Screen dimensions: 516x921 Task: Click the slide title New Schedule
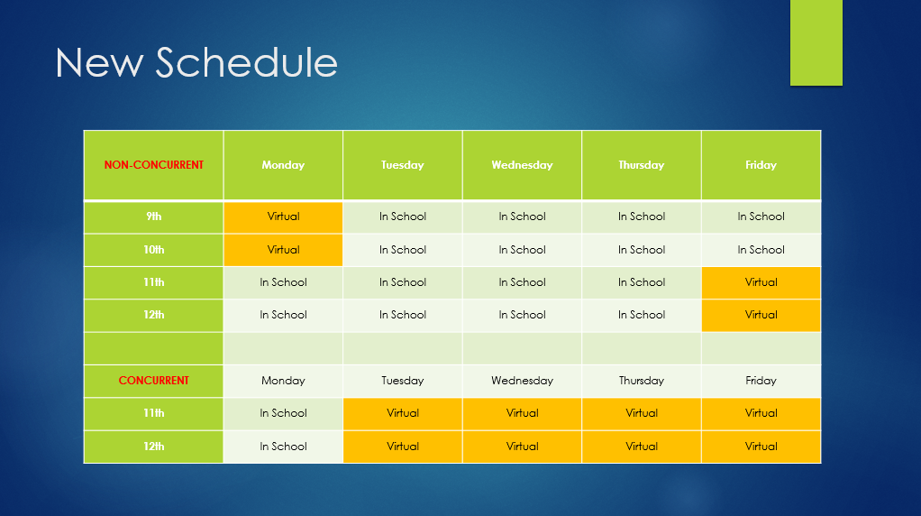pyautogui.click(x=196, y=63)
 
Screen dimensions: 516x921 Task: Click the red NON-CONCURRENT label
pyautogui.click(x=154, y=165)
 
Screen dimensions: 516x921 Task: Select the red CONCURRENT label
pyautogui.click(x=154, y=381)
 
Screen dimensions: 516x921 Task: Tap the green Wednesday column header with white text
pyautogui.click(x=522, y=165)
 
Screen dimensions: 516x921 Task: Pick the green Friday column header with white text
pyautogui.click(x=761, y=165)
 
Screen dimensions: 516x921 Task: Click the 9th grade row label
pyautogui.click(x=154, y=217)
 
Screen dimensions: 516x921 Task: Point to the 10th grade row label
pyautogui.click(x=154, y=250)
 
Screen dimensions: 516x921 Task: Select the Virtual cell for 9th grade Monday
pyautogui.click(x=283, y=217)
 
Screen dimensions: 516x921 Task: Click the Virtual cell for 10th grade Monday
pyautogui.click(x=283, y=250)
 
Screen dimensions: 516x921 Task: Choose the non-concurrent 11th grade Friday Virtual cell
pyautogui.click(x=761, y=282)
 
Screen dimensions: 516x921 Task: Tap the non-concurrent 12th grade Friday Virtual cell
pyautogui.click(x=761, y=315)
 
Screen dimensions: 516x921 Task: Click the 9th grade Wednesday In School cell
pyautogui.click(x=522, y=217)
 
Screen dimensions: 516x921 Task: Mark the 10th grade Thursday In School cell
pyautogui.click(x=642, y=250)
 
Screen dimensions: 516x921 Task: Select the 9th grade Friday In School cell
pyautogui.click(x=761, y=217)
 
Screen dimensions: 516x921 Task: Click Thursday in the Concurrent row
pyautogui.click(x=642, y=381)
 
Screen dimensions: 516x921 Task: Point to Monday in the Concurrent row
pyautogui.click(x=283, y=381)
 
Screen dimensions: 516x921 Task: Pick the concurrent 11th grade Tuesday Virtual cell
pyautogui.click(x=403, y=413)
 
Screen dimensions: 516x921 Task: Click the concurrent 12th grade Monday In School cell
pyautogui.click(x=283, y=447)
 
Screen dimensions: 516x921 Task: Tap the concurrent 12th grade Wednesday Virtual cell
pyautogui.click(x=522, y=447)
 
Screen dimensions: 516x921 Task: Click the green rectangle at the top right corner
pyautogui.click(x=816, y=42)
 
